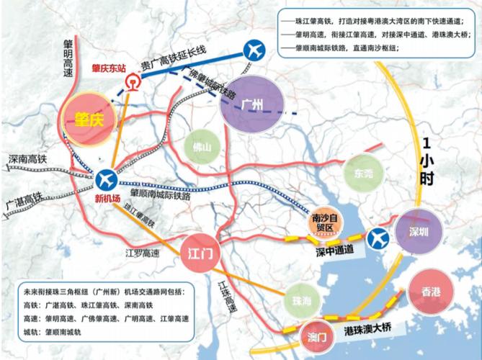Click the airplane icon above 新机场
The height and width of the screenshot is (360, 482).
pyautogui.click(x=107, y=178)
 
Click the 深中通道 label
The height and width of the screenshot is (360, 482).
pyautogui.click(x=334, y=249)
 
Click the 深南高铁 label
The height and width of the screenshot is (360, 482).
pyautogui.click(x=27, y=158)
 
